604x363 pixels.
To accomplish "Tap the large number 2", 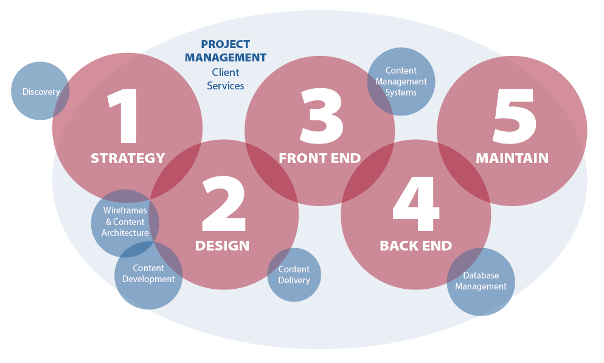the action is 224,204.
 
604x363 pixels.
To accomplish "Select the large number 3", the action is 322,116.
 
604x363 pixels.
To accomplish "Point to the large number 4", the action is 416,204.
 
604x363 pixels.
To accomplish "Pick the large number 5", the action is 515,116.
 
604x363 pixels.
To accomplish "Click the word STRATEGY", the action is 128,158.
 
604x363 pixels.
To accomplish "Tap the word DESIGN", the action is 222,246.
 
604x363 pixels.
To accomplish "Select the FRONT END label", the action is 320,158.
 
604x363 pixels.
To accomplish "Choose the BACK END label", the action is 416,246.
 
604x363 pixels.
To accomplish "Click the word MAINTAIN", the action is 512,158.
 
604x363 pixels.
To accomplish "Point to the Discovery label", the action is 41,92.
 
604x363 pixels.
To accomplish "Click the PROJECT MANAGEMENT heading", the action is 225,51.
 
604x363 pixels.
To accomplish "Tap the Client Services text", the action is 225,79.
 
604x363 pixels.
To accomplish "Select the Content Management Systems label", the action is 401,81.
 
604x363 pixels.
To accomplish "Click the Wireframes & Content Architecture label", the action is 125,222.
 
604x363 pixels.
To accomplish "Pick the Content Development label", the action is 148,274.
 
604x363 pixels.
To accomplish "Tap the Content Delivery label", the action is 294,275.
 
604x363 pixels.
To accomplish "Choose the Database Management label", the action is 481,281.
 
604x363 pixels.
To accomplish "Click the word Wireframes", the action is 125,210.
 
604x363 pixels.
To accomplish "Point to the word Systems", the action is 401,93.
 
